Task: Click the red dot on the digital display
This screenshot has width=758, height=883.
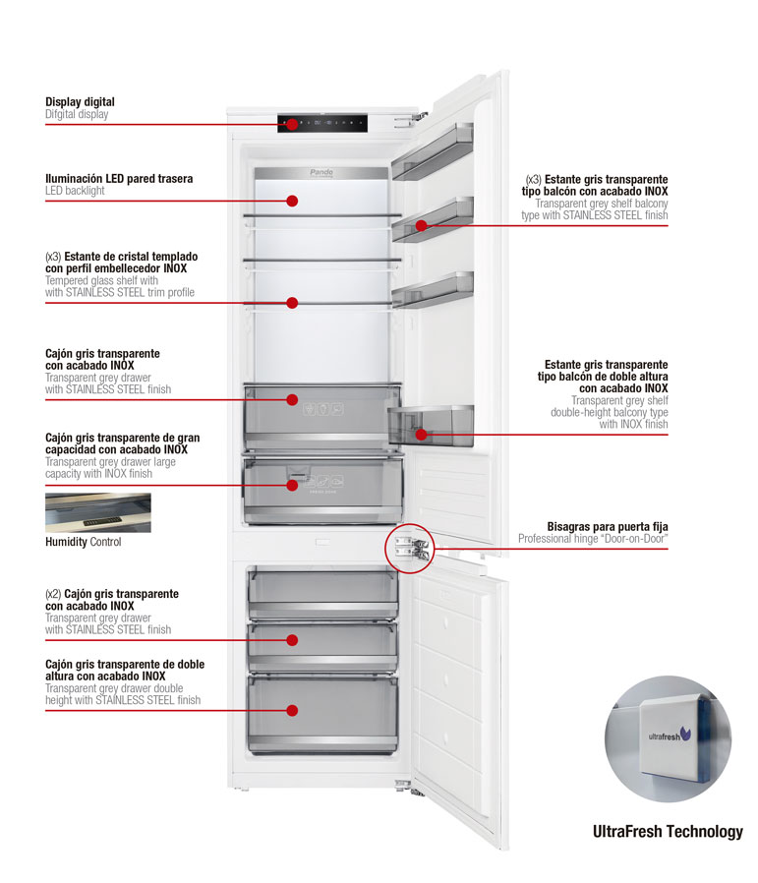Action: pos(292,124)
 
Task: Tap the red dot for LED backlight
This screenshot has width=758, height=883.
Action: pos(292,201)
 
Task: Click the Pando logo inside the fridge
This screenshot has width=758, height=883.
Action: pos(321,172)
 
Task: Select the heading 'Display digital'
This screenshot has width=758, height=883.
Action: pos(80,102)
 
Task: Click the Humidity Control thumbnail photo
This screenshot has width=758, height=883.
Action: pos(97,512)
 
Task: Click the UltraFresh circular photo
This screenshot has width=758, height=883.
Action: pos(668,738)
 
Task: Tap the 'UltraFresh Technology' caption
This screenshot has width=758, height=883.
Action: pos(668,832)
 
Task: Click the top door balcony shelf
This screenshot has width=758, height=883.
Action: pos(433,152)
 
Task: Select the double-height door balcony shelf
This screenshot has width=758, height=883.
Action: pos(433,425)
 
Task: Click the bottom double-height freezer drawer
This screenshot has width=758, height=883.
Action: pos(322,712)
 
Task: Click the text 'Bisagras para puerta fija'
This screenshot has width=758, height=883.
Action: pos(607,527)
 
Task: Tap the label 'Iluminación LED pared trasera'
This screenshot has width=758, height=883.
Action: pos(119,179)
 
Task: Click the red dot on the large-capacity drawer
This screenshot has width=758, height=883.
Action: pos(292,485)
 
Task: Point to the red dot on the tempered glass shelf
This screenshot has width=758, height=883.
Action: pos(292,303)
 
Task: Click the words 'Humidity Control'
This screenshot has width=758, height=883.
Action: pos(84,542)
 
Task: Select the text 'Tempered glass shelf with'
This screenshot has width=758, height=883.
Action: pos(101,280)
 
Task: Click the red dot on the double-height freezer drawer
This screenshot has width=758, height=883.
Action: pos(292,710)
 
